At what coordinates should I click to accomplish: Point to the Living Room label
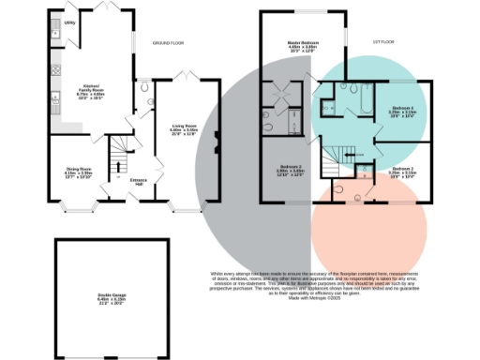point(183,128)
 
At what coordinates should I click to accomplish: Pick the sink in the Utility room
point(55,23)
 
